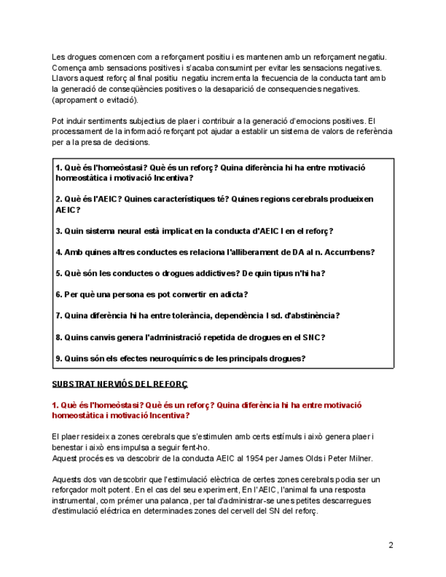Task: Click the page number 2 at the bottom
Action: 391,544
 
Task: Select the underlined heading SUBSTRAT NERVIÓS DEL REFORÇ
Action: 120,384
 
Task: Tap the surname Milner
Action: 355,458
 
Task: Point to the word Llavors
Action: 65,78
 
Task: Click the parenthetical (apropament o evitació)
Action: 95,99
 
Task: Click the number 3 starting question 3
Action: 59,231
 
